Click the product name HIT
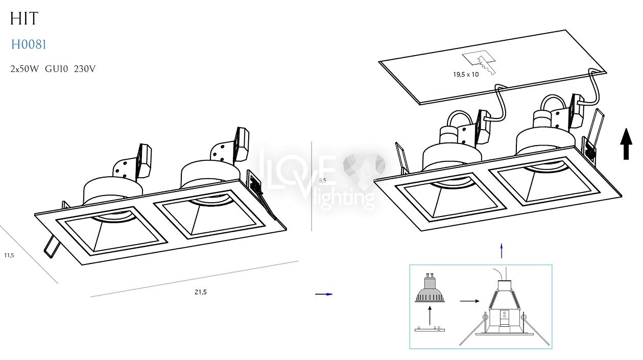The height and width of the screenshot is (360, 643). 24,19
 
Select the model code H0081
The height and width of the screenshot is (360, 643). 29,45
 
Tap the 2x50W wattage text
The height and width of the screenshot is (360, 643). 25,69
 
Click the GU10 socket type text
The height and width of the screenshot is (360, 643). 56,69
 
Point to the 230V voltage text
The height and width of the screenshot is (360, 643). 84,69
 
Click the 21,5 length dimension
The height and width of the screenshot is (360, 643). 201,292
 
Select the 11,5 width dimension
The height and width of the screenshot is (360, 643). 9,255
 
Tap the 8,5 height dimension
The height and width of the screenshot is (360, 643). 322,181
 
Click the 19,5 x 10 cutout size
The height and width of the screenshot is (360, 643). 466,75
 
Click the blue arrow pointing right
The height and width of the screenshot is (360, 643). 324,294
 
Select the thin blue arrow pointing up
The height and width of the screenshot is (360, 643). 502,251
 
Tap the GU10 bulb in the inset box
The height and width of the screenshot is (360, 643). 430,290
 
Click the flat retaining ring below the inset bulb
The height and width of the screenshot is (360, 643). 430,329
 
